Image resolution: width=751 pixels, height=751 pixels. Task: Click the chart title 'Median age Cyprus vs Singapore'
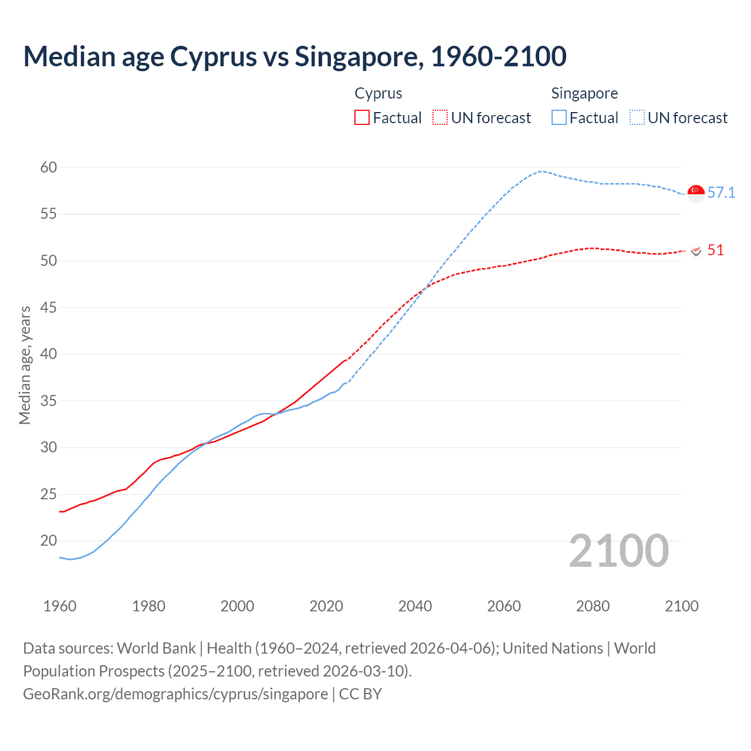pos(295,56)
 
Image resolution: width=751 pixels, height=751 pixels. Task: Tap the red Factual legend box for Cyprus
pos(362,118)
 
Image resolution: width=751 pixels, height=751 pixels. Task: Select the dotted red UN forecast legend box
pos(440,118)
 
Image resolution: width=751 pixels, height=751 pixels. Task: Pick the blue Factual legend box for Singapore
pos(559,118)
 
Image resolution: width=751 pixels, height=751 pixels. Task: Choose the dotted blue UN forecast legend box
pos(637,118)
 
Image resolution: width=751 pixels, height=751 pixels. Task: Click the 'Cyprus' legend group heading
pos(378,93)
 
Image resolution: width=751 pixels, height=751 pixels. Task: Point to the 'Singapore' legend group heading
pos(584,93)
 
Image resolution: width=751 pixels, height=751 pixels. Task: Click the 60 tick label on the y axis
pos(49,168)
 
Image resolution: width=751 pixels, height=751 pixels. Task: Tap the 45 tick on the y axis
pos(49,307)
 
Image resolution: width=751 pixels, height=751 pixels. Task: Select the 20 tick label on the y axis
pos(49,540)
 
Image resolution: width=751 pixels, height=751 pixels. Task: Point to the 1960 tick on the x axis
pos(60,606)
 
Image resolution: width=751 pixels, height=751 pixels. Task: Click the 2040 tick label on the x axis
pos(415,606)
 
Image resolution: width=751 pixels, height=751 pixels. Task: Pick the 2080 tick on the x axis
pos(593,606)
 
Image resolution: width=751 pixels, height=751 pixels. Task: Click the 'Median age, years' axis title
pos(25,365)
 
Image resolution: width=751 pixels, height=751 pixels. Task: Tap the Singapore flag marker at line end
pos(696,193)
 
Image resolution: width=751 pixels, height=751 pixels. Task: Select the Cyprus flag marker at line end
pos(696,251)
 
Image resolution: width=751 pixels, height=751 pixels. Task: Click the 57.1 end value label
pos(721,192)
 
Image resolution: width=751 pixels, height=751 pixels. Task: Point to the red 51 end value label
pos(715,250)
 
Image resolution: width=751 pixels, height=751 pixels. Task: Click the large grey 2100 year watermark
pos(618,550)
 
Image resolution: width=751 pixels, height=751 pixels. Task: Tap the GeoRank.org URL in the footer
pos(175,694)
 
